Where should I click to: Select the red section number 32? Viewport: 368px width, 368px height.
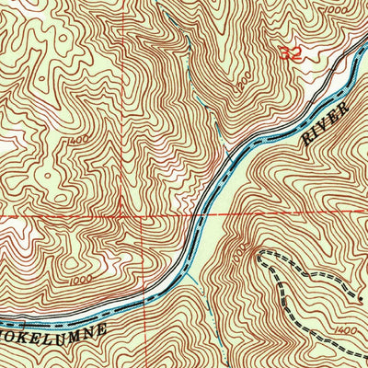(x=289, y=54)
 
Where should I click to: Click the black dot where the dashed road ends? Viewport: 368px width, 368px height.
(x=359, y=299)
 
